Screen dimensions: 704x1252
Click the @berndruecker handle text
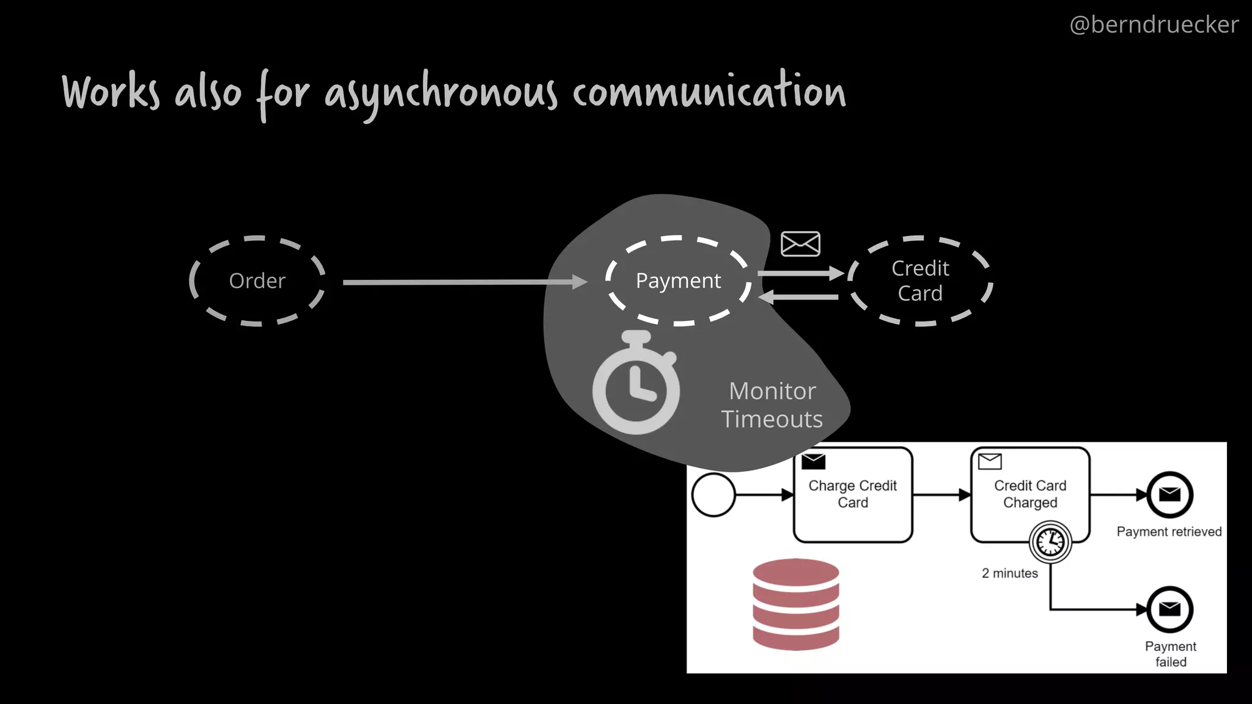pos(1154,24)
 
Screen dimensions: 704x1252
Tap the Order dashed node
pos(257,281)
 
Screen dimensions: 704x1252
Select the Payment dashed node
pos(678,281)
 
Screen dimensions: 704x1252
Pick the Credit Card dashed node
pos(920,281)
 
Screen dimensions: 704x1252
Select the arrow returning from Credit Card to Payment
pos(798,297)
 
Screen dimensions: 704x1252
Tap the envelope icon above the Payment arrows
pos(800,244)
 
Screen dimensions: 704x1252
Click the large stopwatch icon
pos(636,385)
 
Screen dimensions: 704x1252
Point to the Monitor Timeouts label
pos(772,405)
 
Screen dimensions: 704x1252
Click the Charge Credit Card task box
pos(853,495)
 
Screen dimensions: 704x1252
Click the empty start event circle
pos(713,495)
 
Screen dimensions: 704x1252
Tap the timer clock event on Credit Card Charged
pos(1050,541)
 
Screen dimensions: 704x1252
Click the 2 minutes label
pos(1010,573)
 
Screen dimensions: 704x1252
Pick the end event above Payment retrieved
pos(1169,494)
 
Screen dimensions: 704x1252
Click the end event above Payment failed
pos(1169,609)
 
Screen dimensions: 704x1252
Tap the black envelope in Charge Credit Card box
pos(814,461)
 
